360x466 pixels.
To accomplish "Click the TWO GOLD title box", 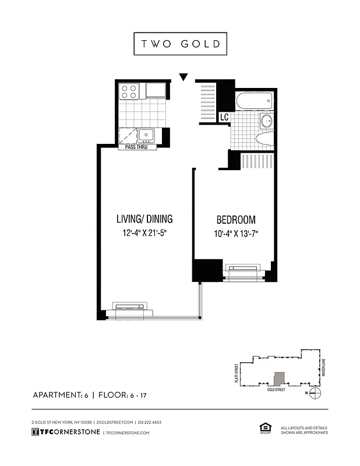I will [x=180, y=44].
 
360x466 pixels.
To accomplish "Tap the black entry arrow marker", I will [x=184, y=77].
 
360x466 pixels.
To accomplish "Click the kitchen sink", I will [x=146, y=135].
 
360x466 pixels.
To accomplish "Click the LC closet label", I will [x=224, y=117].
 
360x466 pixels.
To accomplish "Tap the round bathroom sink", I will [x=266, y=121].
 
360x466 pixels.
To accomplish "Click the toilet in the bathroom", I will [x=264, y=139].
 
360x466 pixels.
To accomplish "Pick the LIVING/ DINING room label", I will [x=144, y=219].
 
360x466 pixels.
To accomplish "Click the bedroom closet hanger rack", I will [x=257, y=161].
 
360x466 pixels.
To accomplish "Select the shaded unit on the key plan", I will [x=280, y=378].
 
